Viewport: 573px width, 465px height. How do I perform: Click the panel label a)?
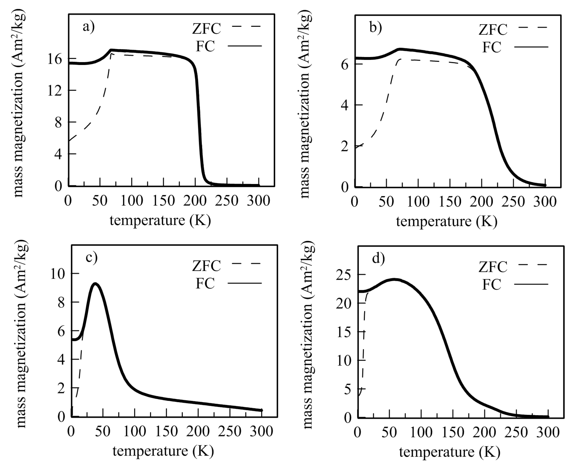tap(88, 27)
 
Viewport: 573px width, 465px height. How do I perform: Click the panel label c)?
tap(91, 257)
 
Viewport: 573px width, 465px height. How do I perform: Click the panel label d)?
tap(378, 258)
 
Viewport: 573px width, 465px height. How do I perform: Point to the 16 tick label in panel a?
tap(55, 59)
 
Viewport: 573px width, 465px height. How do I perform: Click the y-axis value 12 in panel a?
tap(55, 91)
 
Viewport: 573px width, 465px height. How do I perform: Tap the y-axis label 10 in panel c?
tap(58, 274)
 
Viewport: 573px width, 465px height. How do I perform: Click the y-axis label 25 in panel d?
tap(343, 275)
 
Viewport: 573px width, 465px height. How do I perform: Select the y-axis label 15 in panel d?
tap(343, 333)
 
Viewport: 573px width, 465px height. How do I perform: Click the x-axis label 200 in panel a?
tap(195, 201)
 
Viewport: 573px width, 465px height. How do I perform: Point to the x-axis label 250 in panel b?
tap(513, 202)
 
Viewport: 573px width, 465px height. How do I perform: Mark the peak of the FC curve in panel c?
tap(95, 284)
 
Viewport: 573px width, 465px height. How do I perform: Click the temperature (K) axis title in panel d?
tap(449, 452)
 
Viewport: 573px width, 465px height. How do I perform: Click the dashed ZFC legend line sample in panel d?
tap(532, 265)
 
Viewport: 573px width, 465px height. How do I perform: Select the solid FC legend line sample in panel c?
tap(244, 283)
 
